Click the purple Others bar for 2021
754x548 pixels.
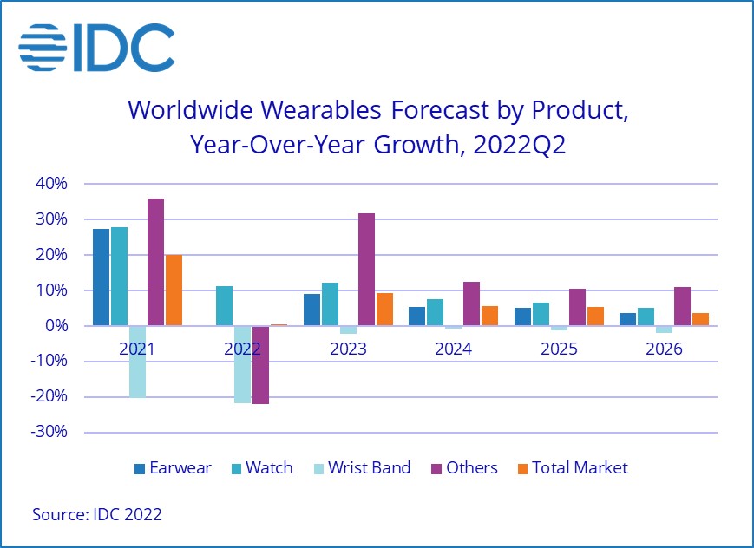tap(156, 262)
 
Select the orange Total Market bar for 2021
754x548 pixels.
tap(174, 290)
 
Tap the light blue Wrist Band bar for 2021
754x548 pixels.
tap(138, 361)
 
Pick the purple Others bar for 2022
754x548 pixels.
tap(260, 365)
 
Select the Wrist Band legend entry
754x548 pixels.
tap(363, 468)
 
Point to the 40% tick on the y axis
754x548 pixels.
tap(50, 184)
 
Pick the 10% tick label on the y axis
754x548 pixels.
tap(50, 290)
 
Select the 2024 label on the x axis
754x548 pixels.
tap(453, 349)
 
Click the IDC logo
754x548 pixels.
tap(96, 48)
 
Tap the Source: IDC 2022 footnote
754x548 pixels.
tap(97, 514)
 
